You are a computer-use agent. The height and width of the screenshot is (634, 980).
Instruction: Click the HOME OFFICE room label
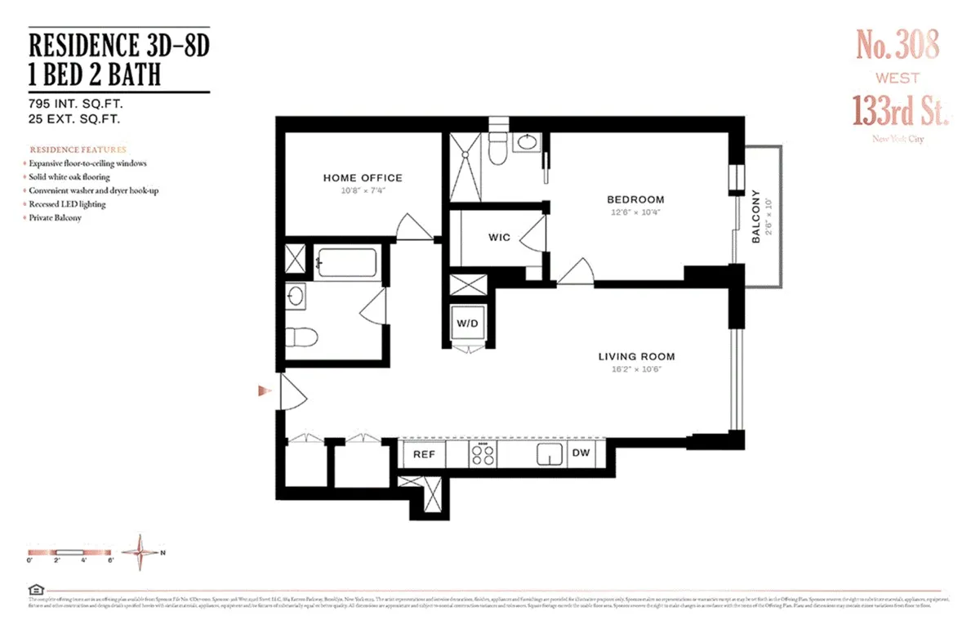(363, 178)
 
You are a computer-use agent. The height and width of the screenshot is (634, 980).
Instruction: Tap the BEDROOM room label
(635, 199)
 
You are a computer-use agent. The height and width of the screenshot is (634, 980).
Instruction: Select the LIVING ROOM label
(636, 356)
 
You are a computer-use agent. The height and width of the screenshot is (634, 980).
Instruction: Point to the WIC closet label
(499, 238)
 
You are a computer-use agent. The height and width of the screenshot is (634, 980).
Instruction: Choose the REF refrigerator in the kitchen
(423, 453)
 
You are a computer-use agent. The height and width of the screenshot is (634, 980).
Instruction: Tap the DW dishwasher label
(581, 453)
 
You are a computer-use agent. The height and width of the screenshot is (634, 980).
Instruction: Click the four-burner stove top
(482, 454)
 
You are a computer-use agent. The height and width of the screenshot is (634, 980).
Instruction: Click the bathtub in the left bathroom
(345, 263)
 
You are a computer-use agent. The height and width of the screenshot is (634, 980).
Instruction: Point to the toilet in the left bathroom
(301, 336)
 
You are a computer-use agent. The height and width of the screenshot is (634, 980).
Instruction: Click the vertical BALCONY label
(755, 217)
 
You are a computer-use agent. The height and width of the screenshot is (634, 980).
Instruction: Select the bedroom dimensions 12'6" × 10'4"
(635, 212)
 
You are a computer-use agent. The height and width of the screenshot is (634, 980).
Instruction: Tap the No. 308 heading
(898, 45)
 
